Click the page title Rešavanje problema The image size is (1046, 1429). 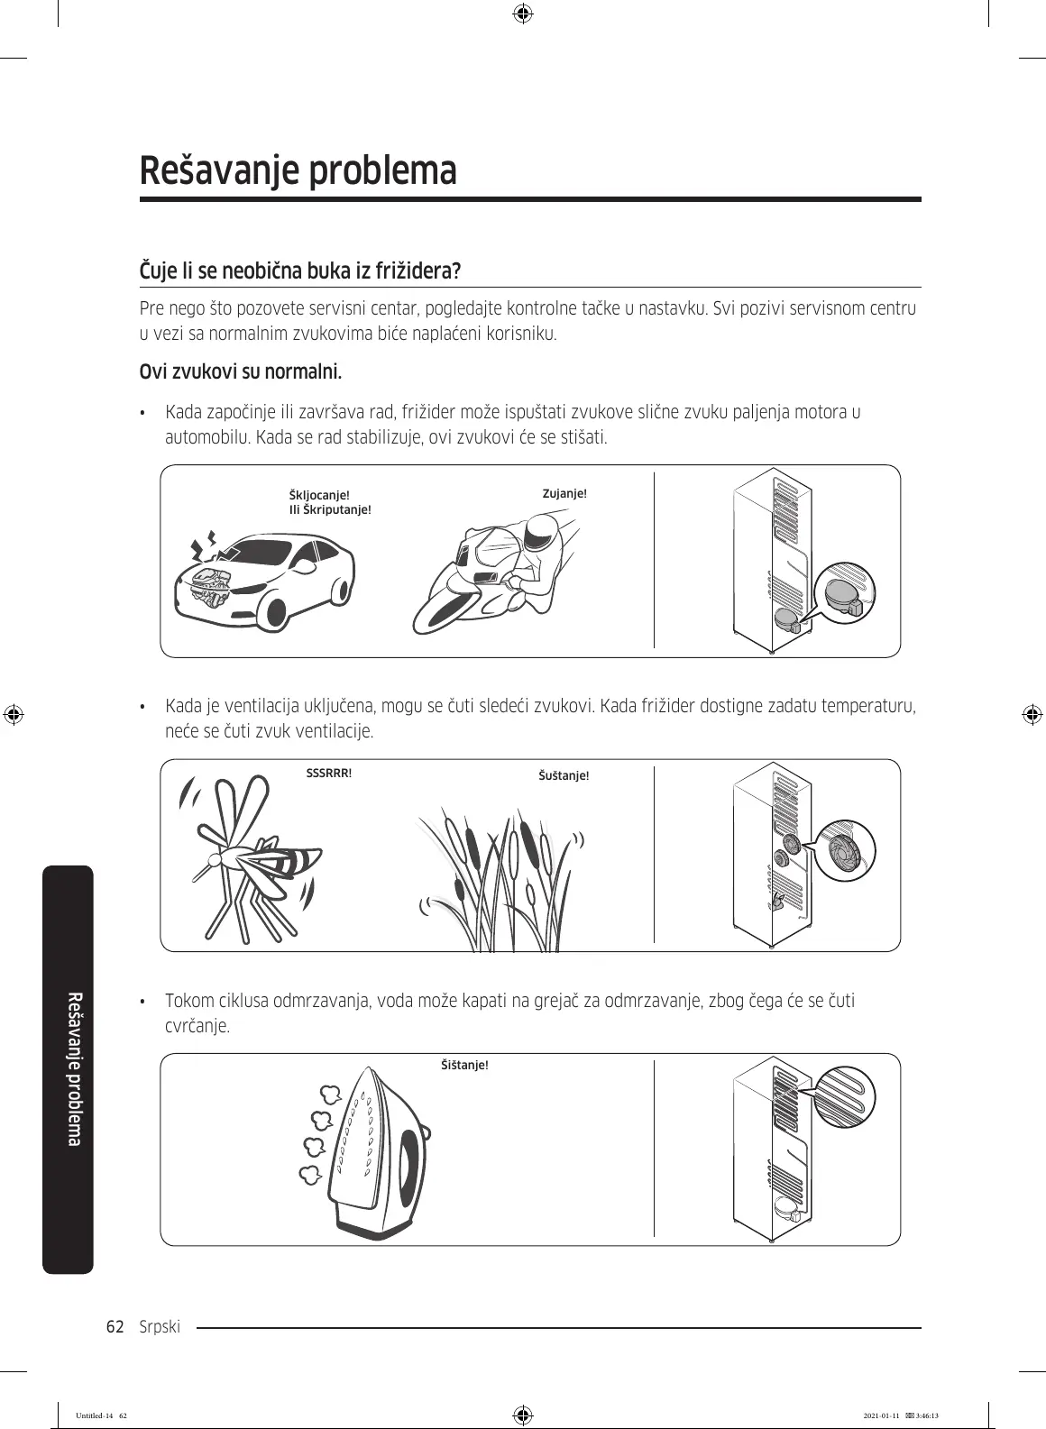click(298, 171)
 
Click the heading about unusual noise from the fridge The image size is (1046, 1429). click(300, 270)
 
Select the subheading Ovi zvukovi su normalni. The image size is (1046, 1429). click(241, 371)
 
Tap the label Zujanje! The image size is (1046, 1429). click(564, 494)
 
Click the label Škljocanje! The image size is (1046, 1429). click(318, 496)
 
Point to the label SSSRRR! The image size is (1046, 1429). click(329, 774)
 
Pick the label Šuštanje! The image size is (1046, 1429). click(564, 775)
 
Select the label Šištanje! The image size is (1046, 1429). click(464, 1065)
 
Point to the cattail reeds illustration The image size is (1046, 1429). click(501, 879)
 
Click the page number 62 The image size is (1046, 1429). click(115, 1326)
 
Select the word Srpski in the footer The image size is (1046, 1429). click(161, 1326)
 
